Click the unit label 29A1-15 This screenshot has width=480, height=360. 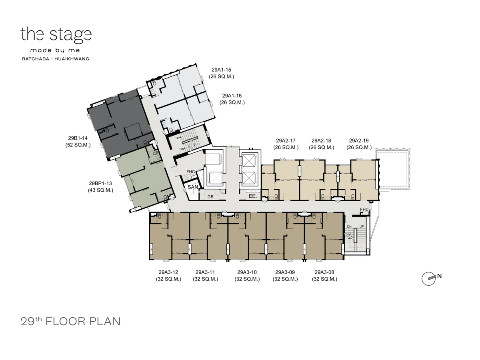click(x=221, y=70)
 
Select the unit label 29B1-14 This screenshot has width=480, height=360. click(x=78, y=138)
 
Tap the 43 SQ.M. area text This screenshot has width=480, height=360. click(x=100, y=190)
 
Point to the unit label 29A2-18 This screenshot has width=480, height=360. click(x=321, y=140)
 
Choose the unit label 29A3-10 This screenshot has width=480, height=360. click(x=247, y=272)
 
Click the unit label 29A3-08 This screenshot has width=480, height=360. click(x=324, y=272)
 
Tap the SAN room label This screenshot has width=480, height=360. click(x=193, y=187)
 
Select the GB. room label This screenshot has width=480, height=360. click(x=211, y=197)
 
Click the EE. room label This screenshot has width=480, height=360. click(x=252, y=196)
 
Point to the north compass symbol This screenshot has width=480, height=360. click(x=430, y=278)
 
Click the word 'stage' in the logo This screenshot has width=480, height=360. click(x=70, y=35)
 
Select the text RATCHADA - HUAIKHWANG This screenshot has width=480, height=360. click(x=56, y=59)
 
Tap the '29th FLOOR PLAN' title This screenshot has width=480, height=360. click(x=70, y=321)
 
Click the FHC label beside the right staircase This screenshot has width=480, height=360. click(x=364, y=209)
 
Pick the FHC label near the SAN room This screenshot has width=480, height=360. click(x=190, y=172)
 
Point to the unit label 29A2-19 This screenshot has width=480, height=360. click(x=359, y=140)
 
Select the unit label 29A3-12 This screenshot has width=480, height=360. click(x=168, y=272)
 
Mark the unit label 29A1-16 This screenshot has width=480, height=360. click(x=232, y=96)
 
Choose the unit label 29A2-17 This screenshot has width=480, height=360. click(x=286, y=140)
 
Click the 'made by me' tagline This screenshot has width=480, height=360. click(x=55, y=50)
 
